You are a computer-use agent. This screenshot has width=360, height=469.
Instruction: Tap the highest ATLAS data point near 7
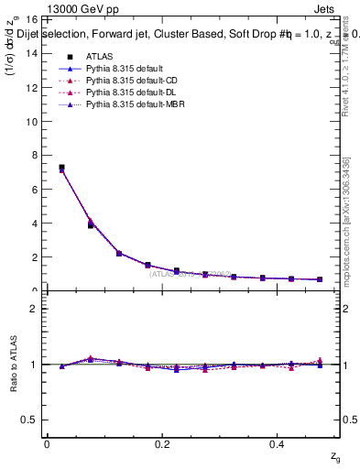click(61, 168)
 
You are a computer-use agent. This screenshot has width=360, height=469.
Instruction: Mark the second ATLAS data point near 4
click(91, 224)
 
